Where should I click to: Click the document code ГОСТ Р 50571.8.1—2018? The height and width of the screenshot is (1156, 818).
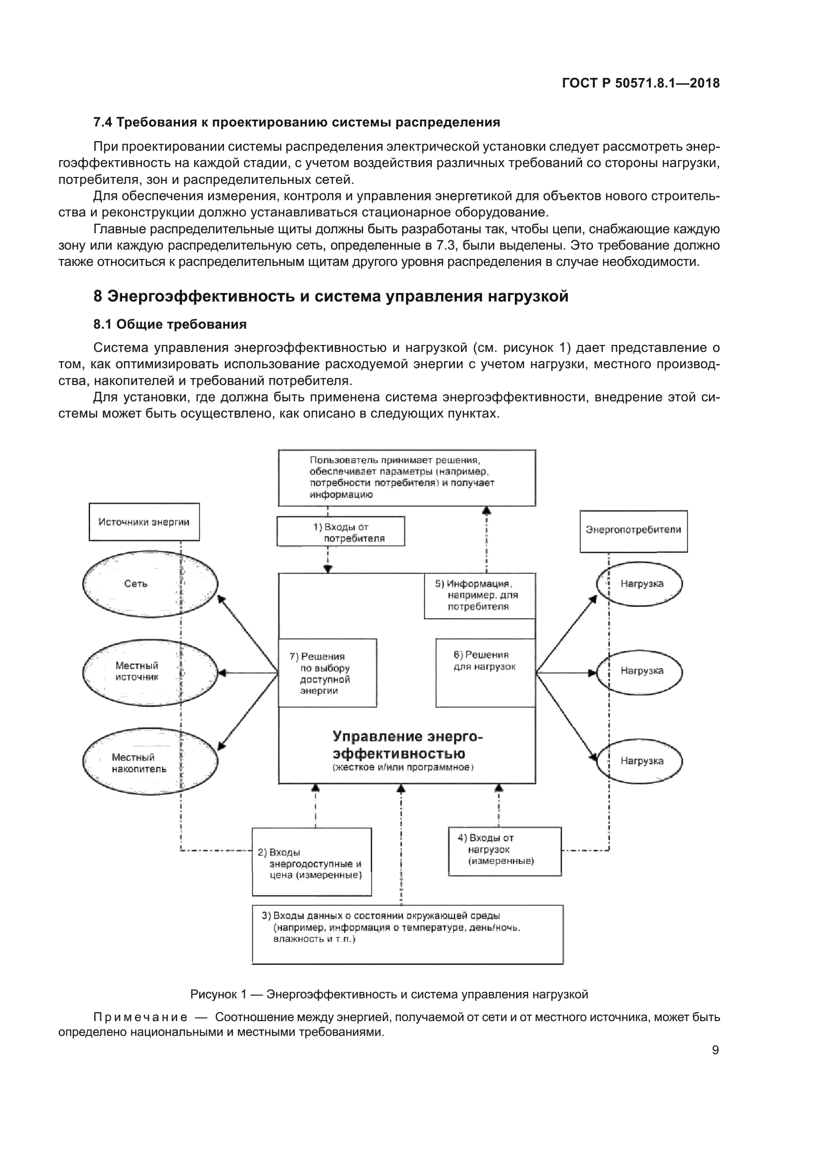[640, 83]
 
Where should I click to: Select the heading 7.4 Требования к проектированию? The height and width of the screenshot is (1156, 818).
[297, 123]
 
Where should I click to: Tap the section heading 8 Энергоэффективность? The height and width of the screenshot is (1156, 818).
[330, 296]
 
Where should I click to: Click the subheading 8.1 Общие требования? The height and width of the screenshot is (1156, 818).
[170, 324]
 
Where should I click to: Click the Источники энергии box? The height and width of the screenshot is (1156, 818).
[144, 522]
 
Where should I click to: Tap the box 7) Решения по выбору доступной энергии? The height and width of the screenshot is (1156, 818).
[327, 673]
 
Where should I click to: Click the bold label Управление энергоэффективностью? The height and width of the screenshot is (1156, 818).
[407, 745]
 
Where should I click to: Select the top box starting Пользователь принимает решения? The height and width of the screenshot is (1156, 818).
[407, 477]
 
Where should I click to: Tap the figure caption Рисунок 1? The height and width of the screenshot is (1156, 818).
[388, 994]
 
